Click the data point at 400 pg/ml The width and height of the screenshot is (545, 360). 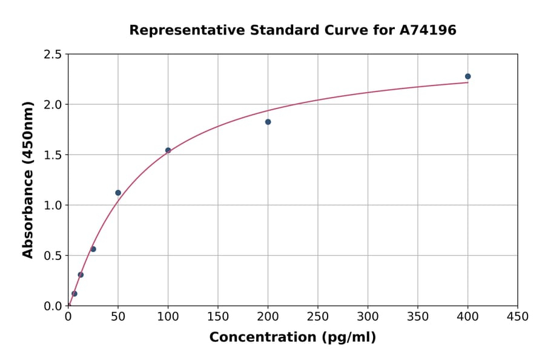467,76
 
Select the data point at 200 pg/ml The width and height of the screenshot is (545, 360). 268,122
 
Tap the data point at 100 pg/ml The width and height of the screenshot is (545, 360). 168,150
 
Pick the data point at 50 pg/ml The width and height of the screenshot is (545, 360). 118,193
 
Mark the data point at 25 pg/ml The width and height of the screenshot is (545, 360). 93,249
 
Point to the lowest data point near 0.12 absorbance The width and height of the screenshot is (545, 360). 74,293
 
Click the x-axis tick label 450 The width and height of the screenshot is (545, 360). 517,317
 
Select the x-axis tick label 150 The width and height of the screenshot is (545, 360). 218,317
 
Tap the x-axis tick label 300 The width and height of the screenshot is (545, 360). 368,317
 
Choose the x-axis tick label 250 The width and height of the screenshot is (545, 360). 318,317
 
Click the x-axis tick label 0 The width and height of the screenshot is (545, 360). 68,317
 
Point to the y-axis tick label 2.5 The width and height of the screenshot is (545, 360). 53,55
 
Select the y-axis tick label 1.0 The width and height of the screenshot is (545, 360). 53,205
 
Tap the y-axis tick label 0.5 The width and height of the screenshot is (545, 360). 53,256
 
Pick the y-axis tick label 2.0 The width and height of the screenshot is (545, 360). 53,105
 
